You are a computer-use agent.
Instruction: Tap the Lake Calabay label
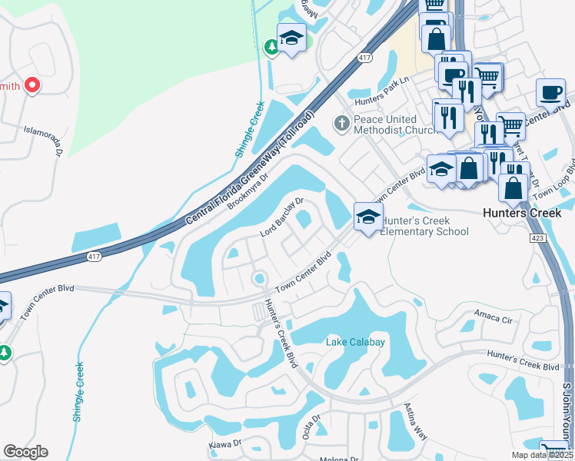355,342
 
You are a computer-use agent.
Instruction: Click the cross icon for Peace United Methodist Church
342,122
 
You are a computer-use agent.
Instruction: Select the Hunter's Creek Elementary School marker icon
368,217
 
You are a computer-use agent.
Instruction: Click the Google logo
25,452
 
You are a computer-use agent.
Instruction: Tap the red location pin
32,85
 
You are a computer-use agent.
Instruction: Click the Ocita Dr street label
311,424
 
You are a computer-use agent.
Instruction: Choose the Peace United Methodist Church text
385,124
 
